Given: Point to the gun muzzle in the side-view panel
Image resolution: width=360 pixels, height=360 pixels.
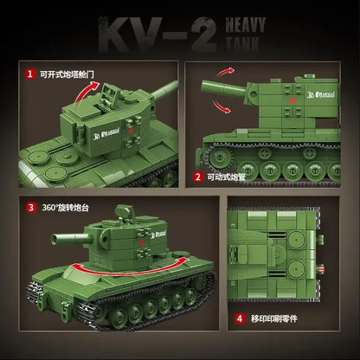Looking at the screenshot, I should (x=207, y=89).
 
